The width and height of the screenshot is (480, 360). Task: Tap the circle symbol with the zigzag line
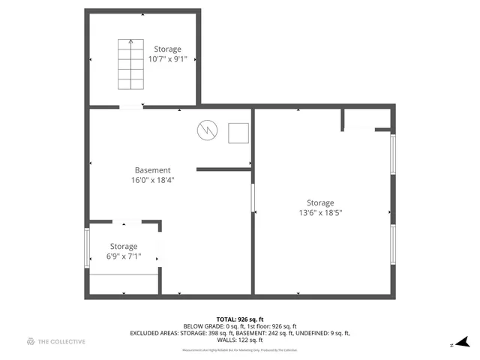click(205, 130)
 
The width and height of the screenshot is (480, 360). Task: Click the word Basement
click(152, 170)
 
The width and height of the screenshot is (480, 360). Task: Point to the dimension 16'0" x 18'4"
click(152, 180)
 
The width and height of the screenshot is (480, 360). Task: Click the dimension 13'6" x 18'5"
click(320, 213)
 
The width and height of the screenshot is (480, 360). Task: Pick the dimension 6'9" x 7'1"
click(124, 256)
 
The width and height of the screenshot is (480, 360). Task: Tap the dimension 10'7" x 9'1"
click(168, 59)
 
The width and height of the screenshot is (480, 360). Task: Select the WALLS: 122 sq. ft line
click(240, 340)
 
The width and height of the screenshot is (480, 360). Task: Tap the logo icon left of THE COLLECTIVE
click(31, 342)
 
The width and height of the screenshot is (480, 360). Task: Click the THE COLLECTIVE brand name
click(62, 342)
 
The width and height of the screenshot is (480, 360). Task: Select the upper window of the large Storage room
click(392, 154)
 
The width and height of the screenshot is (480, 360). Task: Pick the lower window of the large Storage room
click(392, 244)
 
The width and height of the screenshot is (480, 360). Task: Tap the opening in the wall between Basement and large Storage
click(253, 199)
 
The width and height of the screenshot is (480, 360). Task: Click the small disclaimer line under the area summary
click(240, 349)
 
